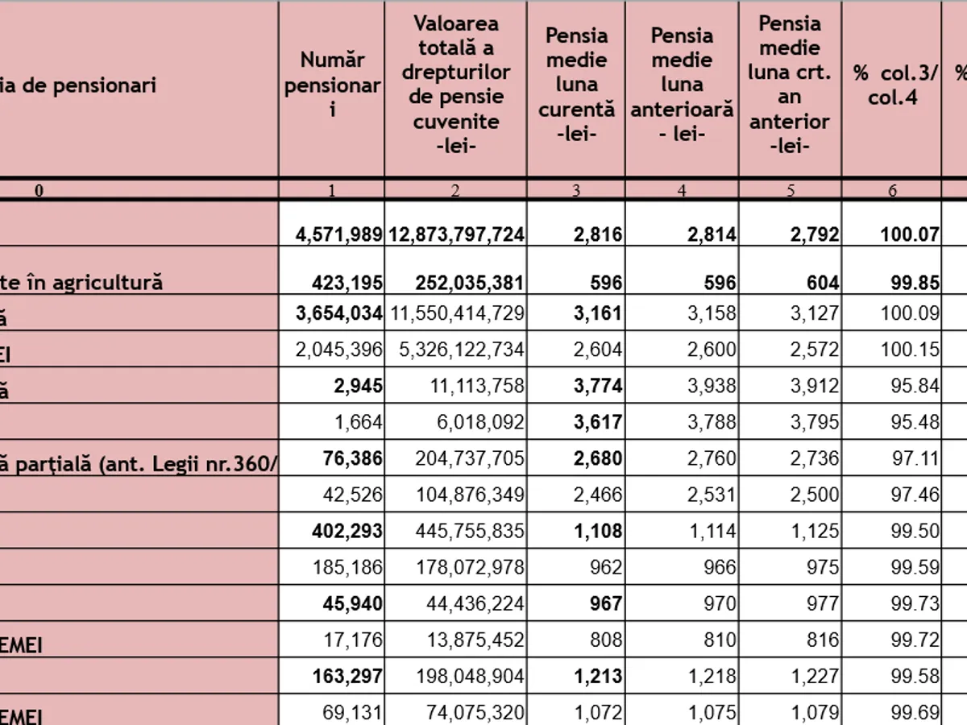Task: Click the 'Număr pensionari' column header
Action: (332, 84)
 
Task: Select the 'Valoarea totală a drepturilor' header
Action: (455, 84)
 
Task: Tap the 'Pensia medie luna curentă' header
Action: (576, 84)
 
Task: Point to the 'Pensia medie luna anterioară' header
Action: (682, 84)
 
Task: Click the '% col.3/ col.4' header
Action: (891, 84)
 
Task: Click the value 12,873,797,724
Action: (456, 234)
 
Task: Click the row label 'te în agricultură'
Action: (81, 282)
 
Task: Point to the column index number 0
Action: (39, 190)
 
